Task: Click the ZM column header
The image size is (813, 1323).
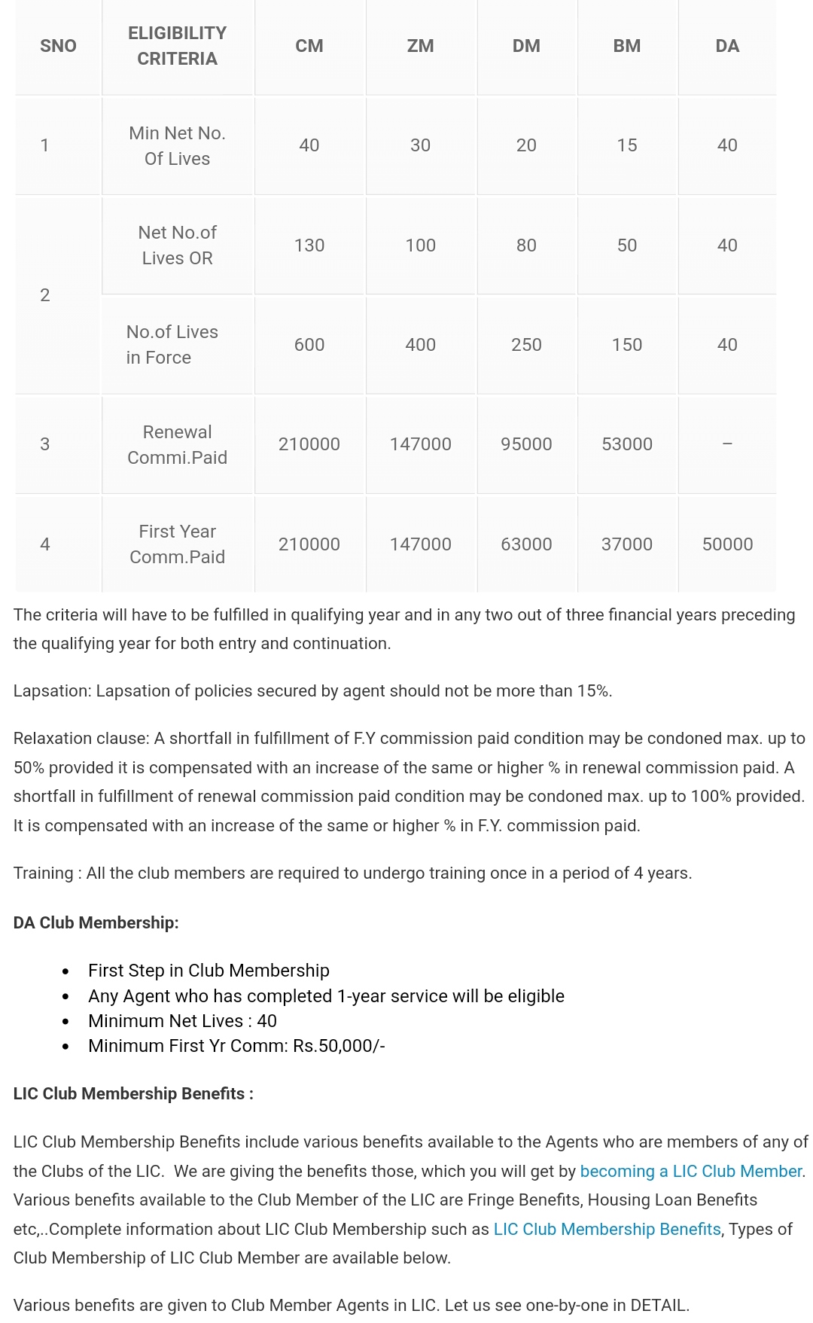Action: [x=420, y=46]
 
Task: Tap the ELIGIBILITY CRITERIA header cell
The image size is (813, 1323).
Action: [x=177, y=46]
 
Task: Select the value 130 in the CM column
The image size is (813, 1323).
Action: [x=309, y=245]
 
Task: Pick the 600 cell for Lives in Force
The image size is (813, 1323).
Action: [x=309, y=345]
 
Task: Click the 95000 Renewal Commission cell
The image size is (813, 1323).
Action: [x=526, y=444]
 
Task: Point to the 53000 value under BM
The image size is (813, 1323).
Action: [x=626, y=444]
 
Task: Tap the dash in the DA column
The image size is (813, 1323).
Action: [x=726, y=444]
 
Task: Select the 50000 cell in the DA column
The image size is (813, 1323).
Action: [x=726, y=544]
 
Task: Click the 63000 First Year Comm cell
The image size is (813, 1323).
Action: [x=526, y=544]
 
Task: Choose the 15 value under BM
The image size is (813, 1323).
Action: [x=626, y=145]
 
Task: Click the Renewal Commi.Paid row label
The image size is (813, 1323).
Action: [x=177, y=444]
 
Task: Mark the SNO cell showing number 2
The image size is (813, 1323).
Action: [x=45, y=295]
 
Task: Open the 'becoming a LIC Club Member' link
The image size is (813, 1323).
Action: [x=690, y=1172]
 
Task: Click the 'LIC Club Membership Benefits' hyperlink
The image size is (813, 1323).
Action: [x=607, y=1230]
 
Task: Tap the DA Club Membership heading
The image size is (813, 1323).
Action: [x=96, y=923]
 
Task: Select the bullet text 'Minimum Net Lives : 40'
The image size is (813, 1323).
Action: [x=182, y=1021]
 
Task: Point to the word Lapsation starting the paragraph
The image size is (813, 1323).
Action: [x=51, y=691]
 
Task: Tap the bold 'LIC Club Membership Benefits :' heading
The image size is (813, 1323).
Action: [x=133, y=1094]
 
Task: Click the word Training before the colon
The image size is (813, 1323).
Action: [x=43, y=873]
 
